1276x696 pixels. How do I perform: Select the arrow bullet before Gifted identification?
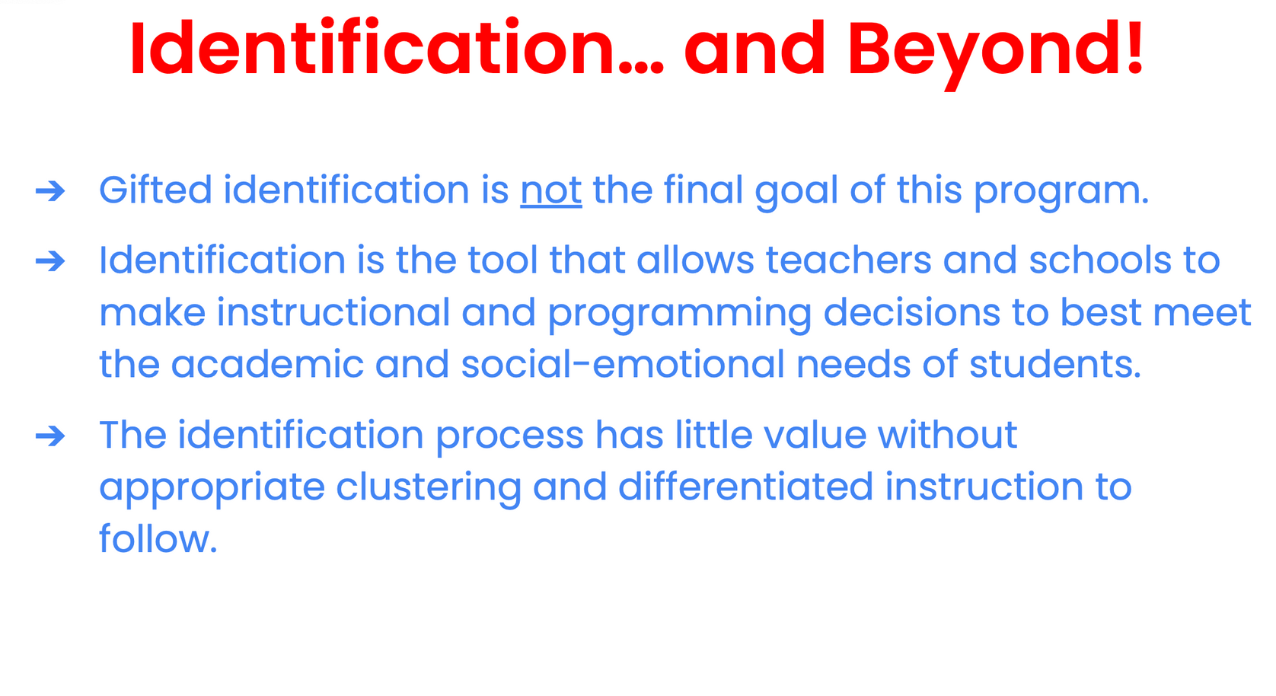pyautogui.click(x=50, y=191)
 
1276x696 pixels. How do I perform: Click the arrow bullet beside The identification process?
pyautogui.click(x=50, y=437)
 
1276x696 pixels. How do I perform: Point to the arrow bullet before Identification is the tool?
pyautogui.click(x=50, y=262)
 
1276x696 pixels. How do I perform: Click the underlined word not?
pyautogui.click(x=551, y=191)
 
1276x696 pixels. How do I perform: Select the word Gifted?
pyautogui.click(x=155, y=190)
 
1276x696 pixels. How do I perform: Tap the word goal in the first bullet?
pyautogui.click(x=796, y=192)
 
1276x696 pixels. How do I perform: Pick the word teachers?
pyautogui.click(x=848, y=260)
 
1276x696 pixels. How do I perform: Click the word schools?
pyautogui.click(x=1100, y=260)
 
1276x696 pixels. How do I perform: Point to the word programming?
pyautogui.click(x=680, y=315)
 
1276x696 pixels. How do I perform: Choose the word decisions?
pyautogui.click(x=912, y=312)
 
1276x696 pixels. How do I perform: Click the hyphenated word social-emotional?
pyautogui.click(x=623, y=365)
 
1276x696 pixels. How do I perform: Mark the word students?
pyautogui.click(x=1055, y=365)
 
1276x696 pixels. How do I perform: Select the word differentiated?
pyautogui.click(x=745, y=487)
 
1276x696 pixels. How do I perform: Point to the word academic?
pyautogui.click(x=267, y=365)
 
